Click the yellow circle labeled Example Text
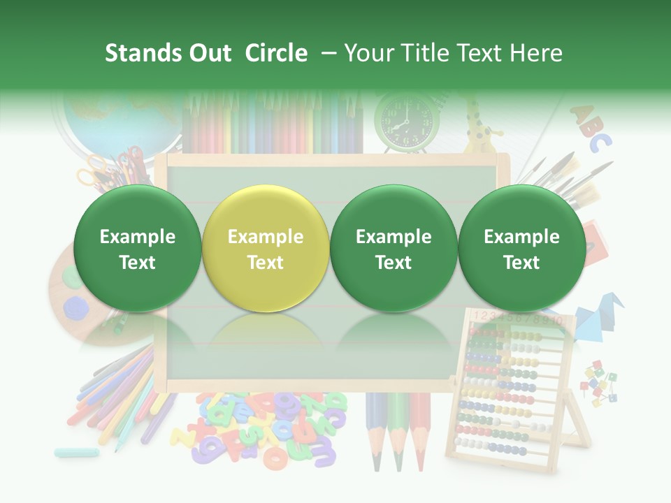[x=265, y=248]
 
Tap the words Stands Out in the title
[x=168, y=53]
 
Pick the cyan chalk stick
[x=77, y=453]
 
